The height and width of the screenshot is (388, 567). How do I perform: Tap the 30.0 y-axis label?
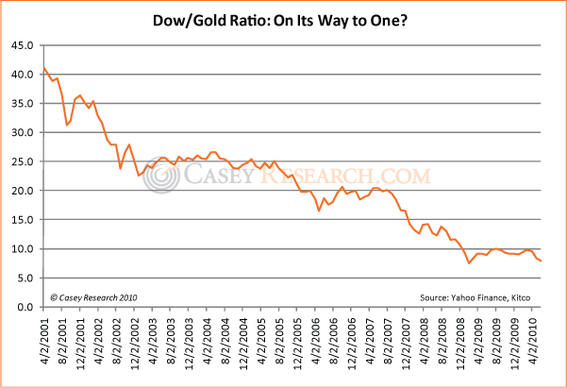coord(21,132)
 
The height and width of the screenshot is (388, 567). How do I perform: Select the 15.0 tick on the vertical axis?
coord(21,220)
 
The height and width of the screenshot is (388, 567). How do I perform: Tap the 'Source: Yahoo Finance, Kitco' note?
coord(480,296)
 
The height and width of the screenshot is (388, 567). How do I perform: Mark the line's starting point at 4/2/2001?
coord(43,68)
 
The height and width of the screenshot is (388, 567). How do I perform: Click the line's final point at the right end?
coord(541,261)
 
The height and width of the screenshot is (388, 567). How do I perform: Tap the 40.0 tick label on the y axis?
coord(21,75)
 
